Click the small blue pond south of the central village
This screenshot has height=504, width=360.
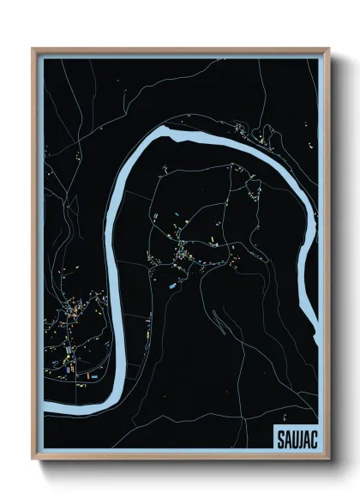(175, 284)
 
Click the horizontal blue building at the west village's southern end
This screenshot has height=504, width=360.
(95, 375)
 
